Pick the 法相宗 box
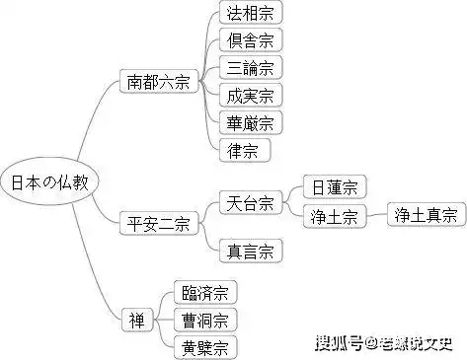[249, 14]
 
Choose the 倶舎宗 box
[249, 41]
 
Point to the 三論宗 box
[249, 68]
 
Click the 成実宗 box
[249, 96]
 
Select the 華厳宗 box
[249, 123]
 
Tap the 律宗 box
[243, 151]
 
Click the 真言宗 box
[249, 249]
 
